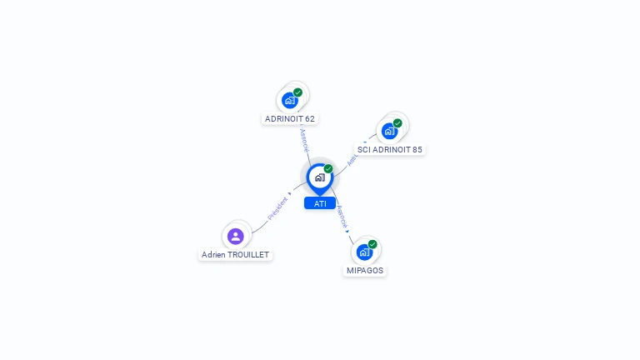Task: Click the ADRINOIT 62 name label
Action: click(x=289, y=118)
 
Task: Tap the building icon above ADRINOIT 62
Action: click(x=289, y=101)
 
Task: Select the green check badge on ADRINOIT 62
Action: click(x=297, y=92)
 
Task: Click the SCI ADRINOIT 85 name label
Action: click(x=389, y=150)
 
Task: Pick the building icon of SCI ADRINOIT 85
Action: click(x=389, y=131)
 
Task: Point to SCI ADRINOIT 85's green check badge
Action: click(x=397, y=123)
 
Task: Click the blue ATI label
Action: click(x=320, y=203)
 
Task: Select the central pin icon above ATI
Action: click(x=319, y=177)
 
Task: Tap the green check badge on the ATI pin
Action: click(x=328, y=169)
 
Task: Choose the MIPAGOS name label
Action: click(x=365, y=271)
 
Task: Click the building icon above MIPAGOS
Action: click(x=364, y=252)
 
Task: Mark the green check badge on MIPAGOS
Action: click(x=372, y=244)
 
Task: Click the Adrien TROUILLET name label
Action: click(x=235, y=254)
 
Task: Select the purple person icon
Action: click(x=236, y=236)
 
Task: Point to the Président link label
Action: click(x=278, y=208)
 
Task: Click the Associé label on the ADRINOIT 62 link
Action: click(x=304, y=139)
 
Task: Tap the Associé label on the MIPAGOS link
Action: click(x=342, y=217)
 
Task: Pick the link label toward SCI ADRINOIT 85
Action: click(x=353, y=157)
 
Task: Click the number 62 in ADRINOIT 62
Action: click(x=309, y=118)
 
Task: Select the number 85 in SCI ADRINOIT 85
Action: click(x=416, y=150)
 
